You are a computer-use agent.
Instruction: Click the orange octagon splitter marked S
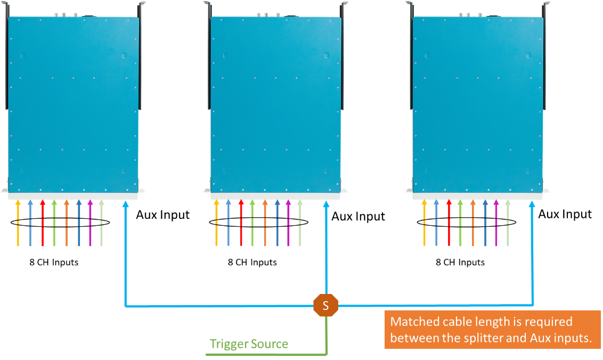click(x=325, y=306)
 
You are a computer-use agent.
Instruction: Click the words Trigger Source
click(x=249, y=344)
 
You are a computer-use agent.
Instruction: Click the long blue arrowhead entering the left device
click(x=126, y=204)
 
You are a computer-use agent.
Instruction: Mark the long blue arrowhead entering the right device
click(x=532, y=204)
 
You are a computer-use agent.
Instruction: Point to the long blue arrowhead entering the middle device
click(x=326, y=204)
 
